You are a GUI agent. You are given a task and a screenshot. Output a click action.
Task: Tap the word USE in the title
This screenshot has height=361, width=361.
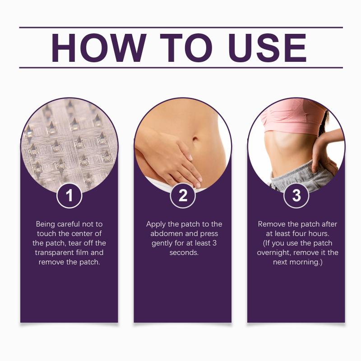pos(268,48)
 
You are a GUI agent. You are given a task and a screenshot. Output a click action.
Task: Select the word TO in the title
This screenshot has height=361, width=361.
pos(186,48)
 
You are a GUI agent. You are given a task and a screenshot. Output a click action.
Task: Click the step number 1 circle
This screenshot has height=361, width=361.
pos(69,196)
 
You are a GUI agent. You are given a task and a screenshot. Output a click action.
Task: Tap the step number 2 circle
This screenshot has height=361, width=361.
pos(183,196)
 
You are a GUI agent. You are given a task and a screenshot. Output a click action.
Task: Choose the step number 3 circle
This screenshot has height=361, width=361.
pos(296,196)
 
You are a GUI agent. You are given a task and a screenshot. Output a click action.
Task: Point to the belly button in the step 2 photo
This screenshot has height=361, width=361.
pos(195,139)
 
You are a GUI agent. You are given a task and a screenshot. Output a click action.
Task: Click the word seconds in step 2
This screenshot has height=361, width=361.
pos(184,253)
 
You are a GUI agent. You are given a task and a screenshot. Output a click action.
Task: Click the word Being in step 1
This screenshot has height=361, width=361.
pos(46,224)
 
